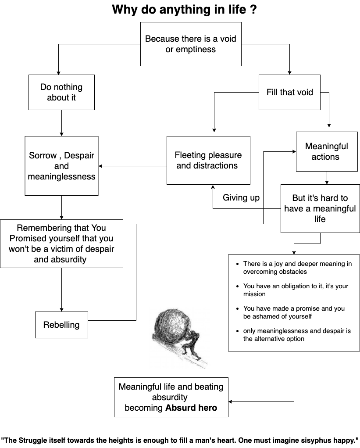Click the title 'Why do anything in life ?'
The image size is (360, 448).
[184, 10]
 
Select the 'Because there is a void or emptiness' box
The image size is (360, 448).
[191, 44]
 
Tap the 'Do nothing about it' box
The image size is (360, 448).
[61, 92]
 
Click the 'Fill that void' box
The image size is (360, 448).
[289, 92]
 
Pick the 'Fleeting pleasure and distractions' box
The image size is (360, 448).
[208, 160]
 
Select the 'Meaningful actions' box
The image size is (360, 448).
[327, 151]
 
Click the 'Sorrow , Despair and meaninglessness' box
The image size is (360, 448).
[61, 166]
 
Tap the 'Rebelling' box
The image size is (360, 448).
[61, 325]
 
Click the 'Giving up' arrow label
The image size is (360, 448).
[241, 197]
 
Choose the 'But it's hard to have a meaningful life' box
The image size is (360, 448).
[320, 208]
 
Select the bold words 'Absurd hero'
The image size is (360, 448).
[191, 408]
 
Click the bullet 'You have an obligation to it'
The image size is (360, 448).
[296, 290]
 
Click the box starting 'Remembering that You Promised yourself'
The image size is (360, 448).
[61, 244]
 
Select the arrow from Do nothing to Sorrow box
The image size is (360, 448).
[61, 123]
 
